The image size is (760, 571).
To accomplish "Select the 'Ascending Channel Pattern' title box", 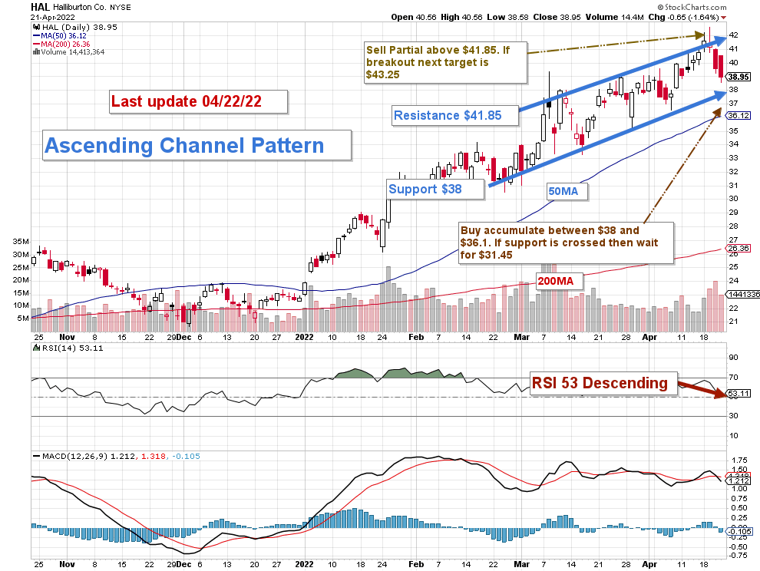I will pos(196,145).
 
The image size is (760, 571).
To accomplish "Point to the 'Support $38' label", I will pos(435,189).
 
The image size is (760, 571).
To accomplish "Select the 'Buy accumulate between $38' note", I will pos(564,243).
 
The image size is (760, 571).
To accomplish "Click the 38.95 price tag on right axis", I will pos(739,77).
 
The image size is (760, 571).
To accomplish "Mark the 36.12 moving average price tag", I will pos(739,115).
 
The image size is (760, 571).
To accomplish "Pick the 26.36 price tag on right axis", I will pos(739,249).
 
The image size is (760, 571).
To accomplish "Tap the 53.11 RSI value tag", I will pos(739,394).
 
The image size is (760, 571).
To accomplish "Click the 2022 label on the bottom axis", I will pos(306,336).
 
